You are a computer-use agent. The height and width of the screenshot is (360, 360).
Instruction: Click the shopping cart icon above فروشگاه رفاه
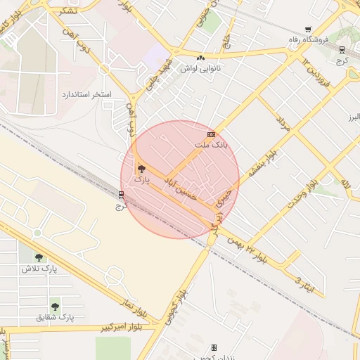point(308,30)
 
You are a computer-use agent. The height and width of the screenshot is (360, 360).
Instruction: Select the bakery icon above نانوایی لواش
point(202,58)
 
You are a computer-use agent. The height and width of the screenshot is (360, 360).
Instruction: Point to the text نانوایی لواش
point(200,69)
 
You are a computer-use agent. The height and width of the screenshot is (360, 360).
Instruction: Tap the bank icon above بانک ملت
point(210,134)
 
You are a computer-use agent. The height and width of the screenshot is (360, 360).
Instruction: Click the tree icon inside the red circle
point(141,169)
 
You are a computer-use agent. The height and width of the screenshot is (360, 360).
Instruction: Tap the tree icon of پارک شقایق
point(55,306)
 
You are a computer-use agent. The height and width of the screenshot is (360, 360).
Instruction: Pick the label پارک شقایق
point(55,317)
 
